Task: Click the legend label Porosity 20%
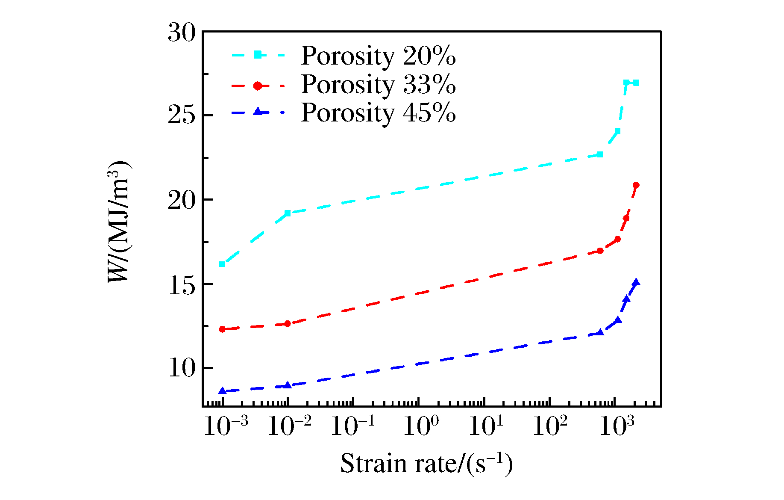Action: (x=378, y=56)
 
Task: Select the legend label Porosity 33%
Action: (x=378, y=85)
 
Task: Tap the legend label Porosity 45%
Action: (x=378, y=113)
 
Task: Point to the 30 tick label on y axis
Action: (x=182, y=33)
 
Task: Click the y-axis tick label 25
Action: (x=182, y=115)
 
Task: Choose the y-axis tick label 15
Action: (x=182, y=284)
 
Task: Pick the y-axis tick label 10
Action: (x=182, y=368)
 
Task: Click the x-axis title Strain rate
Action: (x=426, y=464)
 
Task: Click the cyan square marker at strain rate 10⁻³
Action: (x=222, y=264)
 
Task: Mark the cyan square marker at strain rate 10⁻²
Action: (x=288, y=213)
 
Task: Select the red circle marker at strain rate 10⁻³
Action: (x=222, y=329)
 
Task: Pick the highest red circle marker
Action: (x=636, y=185)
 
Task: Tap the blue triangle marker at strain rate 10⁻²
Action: (x=288, y=385)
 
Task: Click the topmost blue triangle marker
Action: (x=636, y=282)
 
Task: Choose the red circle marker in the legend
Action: (x=258, y=86)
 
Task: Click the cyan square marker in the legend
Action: (x=258, y=55)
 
